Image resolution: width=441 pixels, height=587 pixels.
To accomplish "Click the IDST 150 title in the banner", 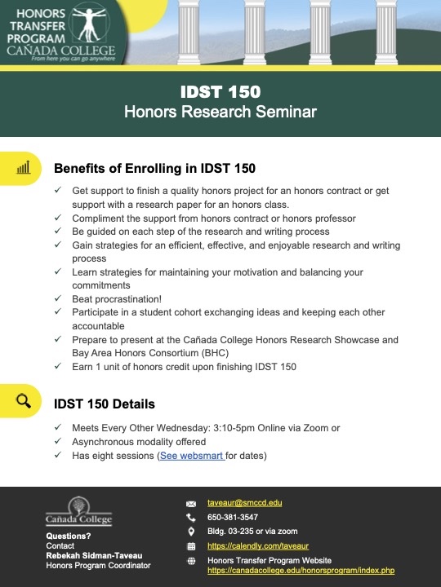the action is coord(220,90).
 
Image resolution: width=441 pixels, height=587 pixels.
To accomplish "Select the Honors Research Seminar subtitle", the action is coord(220,111).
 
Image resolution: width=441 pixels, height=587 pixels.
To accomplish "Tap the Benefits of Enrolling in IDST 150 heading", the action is coord(154,169).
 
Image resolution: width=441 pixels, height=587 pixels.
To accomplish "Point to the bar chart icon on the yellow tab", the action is coord(23,168).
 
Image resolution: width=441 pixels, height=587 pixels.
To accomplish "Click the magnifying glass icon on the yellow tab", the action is coord(23,401).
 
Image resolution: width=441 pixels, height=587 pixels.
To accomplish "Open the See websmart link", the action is coord(192,456).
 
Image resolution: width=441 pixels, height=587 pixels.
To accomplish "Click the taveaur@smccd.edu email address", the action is coord(244,503).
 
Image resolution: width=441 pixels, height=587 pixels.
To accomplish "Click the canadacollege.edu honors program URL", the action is coord(301,571).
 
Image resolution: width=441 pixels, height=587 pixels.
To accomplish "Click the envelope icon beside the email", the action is coord(191,504).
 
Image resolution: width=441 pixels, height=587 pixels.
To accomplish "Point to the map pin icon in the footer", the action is coord(191,532).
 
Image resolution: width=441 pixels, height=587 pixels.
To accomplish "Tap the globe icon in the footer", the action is coord(191,561).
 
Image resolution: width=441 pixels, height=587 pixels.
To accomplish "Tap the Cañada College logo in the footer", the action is coord(78,511).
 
